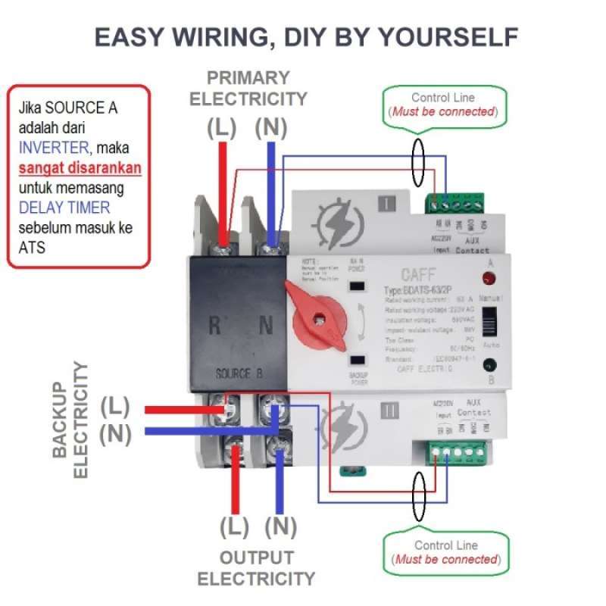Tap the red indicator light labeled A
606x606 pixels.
point(490,276)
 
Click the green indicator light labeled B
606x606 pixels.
point(490,364)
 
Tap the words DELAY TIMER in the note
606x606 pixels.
point(64,208)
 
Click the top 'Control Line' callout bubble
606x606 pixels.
point(443,105)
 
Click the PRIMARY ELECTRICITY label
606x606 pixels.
point(248,88)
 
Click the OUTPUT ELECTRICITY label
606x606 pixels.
point(256,568)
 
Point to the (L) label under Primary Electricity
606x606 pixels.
point(222,128)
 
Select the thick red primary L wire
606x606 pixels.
point(223,189)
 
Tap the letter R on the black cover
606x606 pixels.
point(215,326)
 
